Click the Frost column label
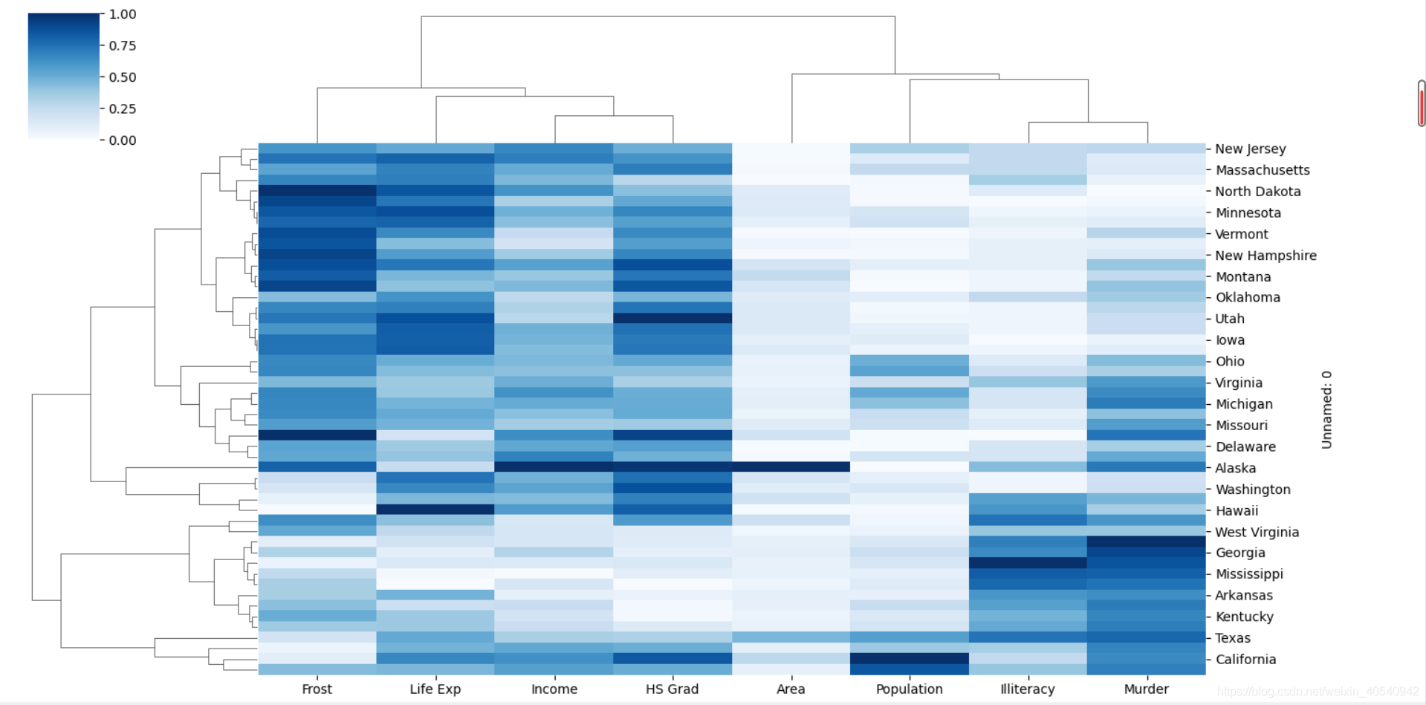tap(317, 689)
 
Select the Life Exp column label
tap(435, 689)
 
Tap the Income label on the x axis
tap(554, 689)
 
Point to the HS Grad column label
tap(672, 689)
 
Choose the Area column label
tap(791, 689)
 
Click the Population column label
tap(909, 689)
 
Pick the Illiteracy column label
tap(1027, 689)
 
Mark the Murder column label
tap(1146, 689)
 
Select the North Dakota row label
tap(1258, 191)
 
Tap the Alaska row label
tap(1235, 468)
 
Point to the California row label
tap(1245, 659)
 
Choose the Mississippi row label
tap(1249, 574)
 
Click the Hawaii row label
tap(1237, 510)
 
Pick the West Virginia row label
tap(1257, 532)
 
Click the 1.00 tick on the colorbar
tap(123, 14)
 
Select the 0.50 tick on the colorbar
tap(123, 77)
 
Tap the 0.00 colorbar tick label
tap(123, 140)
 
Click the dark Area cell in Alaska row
tap(791, 467)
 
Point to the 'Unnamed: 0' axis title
tap(1326, 409)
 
